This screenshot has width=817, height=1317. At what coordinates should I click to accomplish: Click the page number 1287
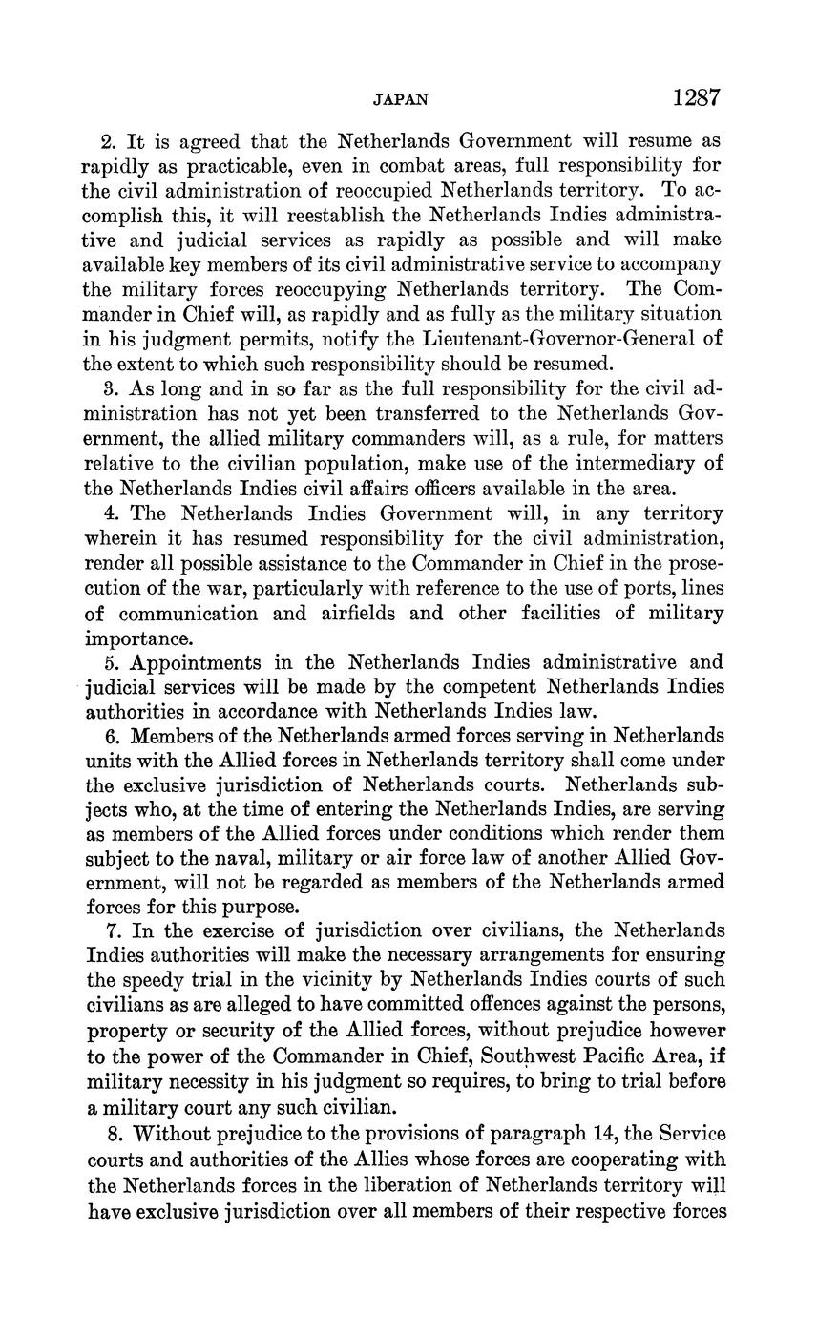click(x=695, y=97)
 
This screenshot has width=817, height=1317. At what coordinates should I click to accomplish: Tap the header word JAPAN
click(x=400, y=99)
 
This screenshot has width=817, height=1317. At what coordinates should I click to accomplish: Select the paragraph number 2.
click(x=107, y=141)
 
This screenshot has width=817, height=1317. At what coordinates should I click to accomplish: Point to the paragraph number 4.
click(x=107, y=513)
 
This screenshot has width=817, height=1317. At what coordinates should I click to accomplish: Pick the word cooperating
click(x=615, y=1160)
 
